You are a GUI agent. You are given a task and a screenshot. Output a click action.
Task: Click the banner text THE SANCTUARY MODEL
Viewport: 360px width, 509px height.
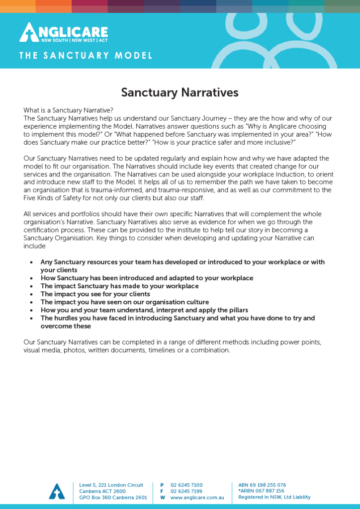pos(86,56)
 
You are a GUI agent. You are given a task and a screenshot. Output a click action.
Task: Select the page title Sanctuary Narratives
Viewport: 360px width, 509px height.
pos(180,92)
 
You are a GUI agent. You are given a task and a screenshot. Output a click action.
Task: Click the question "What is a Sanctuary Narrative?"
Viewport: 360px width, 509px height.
pos(68,110)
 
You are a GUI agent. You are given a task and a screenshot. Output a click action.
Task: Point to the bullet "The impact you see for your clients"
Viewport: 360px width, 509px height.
pos(95,294)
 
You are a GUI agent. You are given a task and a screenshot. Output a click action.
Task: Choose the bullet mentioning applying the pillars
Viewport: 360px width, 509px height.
pos(144,310)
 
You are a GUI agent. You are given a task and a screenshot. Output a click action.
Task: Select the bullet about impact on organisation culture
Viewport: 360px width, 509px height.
pos(124,302)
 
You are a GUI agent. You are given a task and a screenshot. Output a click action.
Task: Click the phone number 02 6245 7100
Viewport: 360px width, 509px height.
pos(186,485)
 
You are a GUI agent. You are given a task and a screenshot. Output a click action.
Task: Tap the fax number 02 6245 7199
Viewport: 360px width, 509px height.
pos(186,491)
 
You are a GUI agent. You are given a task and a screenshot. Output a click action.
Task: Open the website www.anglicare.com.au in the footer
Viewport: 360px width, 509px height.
pos(197,498)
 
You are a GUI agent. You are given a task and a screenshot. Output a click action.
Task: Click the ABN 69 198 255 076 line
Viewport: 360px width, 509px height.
pos(262,485)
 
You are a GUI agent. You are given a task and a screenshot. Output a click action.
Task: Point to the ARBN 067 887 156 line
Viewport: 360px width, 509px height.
pos(261,491)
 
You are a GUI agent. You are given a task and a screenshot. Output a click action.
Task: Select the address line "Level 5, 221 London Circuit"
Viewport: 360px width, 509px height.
pos(111,485)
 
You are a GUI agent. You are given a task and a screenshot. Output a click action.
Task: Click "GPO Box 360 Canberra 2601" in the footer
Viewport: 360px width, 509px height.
pos(113,498)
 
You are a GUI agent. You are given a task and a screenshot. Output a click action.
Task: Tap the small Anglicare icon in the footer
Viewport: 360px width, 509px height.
pos(57,491)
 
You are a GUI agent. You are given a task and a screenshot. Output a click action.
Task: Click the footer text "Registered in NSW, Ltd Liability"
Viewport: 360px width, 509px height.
pos(274,497)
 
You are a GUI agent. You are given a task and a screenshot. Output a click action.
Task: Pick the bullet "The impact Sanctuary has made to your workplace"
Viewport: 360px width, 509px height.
pos(119,286)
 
